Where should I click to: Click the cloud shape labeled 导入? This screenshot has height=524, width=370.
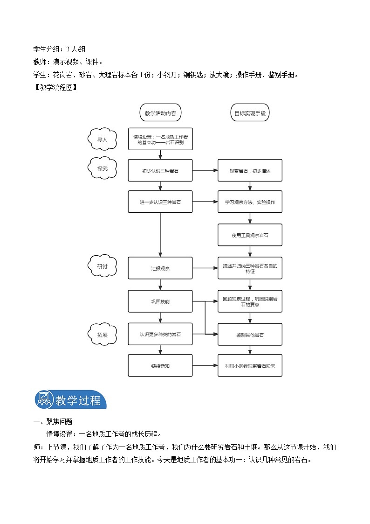[102, 140]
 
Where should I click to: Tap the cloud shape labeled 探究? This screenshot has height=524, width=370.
[102, 169]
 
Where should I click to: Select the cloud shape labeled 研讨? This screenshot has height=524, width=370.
[102, 266]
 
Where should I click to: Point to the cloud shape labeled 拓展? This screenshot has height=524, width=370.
[102, 335]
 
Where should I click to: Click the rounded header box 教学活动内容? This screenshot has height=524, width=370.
[160, 113]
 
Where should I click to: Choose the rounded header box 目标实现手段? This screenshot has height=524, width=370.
[250, 113]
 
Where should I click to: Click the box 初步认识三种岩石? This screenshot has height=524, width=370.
[160, 171]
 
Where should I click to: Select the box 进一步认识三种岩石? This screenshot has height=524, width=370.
[160, 203]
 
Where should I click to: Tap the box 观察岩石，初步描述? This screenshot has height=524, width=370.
[250, 171]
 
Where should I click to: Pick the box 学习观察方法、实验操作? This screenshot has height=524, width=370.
[250, 203]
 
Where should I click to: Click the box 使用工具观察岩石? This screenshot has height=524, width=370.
[250, 235]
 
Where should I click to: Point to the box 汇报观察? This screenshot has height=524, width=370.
[160, 268]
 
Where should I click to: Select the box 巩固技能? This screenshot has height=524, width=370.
[160, 301]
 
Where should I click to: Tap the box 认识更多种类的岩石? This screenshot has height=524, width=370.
[160, 334]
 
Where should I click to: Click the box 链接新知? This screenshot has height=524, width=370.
[160, 366]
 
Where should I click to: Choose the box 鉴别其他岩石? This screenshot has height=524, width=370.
[250, 335]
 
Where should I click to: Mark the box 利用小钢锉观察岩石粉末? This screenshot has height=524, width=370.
[250, 366]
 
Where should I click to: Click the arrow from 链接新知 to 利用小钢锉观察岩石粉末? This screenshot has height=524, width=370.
[205, 366]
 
